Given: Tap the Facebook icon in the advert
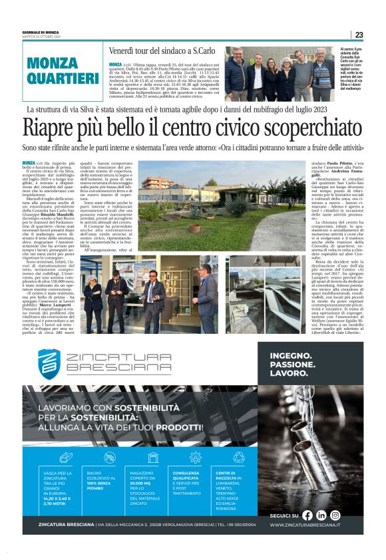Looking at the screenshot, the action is [x=307, y=515].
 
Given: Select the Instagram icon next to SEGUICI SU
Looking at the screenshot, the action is [x=335, y=515].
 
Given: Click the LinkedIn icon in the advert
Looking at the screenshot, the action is [x=321, y=515].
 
